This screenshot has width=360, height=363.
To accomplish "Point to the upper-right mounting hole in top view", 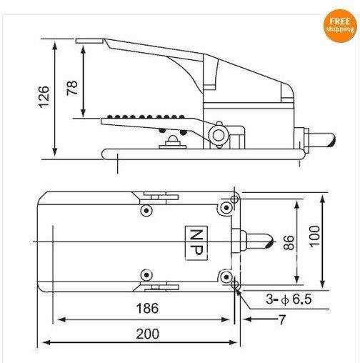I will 227,208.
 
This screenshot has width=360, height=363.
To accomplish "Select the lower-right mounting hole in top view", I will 227,276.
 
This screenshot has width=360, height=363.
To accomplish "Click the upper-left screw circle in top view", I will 146,211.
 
